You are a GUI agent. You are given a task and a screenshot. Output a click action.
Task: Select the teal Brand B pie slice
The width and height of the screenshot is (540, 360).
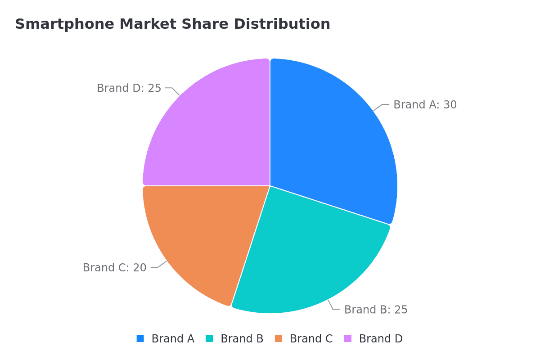pyautogui.click(x=306, y=256)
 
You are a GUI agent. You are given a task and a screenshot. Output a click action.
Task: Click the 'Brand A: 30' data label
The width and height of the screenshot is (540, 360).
pyautogui.click(x=425, y=105)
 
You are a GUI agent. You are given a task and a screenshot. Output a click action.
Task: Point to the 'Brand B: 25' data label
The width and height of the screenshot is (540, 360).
pyautogui.click(x=376, y=309)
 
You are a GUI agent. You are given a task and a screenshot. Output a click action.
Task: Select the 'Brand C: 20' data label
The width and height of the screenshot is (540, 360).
pyautogui.click(x=114, y=268)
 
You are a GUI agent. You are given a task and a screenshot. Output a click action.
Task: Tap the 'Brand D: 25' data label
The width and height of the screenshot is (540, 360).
pyautogui.click(x=129, y=88)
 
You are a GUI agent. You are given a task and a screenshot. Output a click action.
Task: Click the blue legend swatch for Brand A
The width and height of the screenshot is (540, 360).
pyautogui.click(x=140, y=338)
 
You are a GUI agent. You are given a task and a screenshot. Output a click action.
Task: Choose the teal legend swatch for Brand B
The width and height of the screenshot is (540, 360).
pyautogui.click(x=210, y=338)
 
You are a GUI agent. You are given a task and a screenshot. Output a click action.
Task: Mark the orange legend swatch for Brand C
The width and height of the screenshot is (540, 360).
pyautogui.click(x=279, y=338)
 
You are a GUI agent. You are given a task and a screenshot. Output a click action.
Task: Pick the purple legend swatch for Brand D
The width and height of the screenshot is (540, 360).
pyautogui.click(x=348, y=338)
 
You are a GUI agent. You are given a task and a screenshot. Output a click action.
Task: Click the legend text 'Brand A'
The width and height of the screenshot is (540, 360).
pyautogui.click(x=173, y=338)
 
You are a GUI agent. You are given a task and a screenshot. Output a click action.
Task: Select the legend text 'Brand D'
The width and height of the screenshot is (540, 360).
pyautogui.click(x=381, y=338)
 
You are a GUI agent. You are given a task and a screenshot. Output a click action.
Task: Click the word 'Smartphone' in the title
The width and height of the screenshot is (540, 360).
pyautogui.click(x=65, y=24)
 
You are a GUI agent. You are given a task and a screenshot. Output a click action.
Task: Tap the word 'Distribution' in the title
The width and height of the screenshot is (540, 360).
pyautogui.click(x=282, y=24)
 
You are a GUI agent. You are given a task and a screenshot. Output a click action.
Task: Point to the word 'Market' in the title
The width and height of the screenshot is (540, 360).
pyautogui.click(x=148, y=24)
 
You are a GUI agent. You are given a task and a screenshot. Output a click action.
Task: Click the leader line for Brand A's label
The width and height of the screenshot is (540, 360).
pyautogui.click(x=382, y=107)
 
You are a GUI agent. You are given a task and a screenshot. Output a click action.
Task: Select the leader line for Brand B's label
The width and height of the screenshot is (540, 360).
pyautogui.click(x=333, y=305)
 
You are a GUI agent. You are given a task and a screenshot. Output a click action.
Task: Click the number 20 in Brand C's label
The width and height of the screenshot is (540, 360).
pyautogui.click(x=139, y=268)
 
